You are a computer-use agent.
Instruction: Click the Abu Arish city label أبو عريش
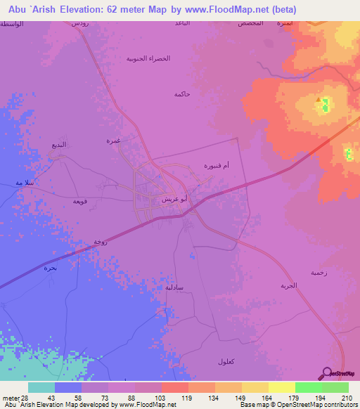coord(174,200)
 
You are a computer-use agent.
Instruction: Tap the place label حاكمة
coord(182,93)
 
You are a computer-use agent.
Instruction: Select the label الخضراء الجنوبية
coord(148,59)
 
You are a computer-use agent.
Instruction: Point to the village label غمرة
coord(113,141)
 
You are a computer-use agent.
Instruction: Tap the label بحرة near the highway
coord(49,268)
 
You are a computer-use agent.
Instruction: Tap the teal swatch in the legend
coord(41,387)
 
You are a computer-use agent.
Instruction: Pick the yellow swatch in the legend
coord(281,387)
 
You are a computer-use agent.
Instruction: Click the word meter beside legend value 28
coord(11,398)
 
